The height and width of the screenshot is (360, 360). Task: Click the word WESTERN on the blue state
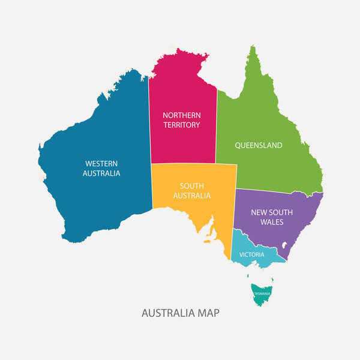[101, 163]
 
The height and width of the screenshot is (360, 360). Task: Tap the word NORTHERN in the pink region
[182, 115]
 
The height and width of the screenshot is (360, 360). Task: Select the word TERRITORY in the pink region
[182, 125]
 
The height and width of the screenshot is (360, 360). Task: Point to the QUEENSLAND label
[259, 145]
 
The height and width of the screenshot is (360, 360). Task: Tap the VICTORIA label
[251, 254]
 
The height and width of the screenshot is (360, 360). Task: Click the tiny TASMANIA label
[262, 293]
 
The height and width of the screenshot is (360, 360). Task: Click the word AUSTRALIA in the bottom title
[167, 313]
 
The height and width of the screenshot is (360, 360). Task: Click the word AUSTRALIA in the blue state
[101, 173]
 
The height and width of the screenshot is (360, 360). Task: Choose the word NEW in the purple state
[259, 212]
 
